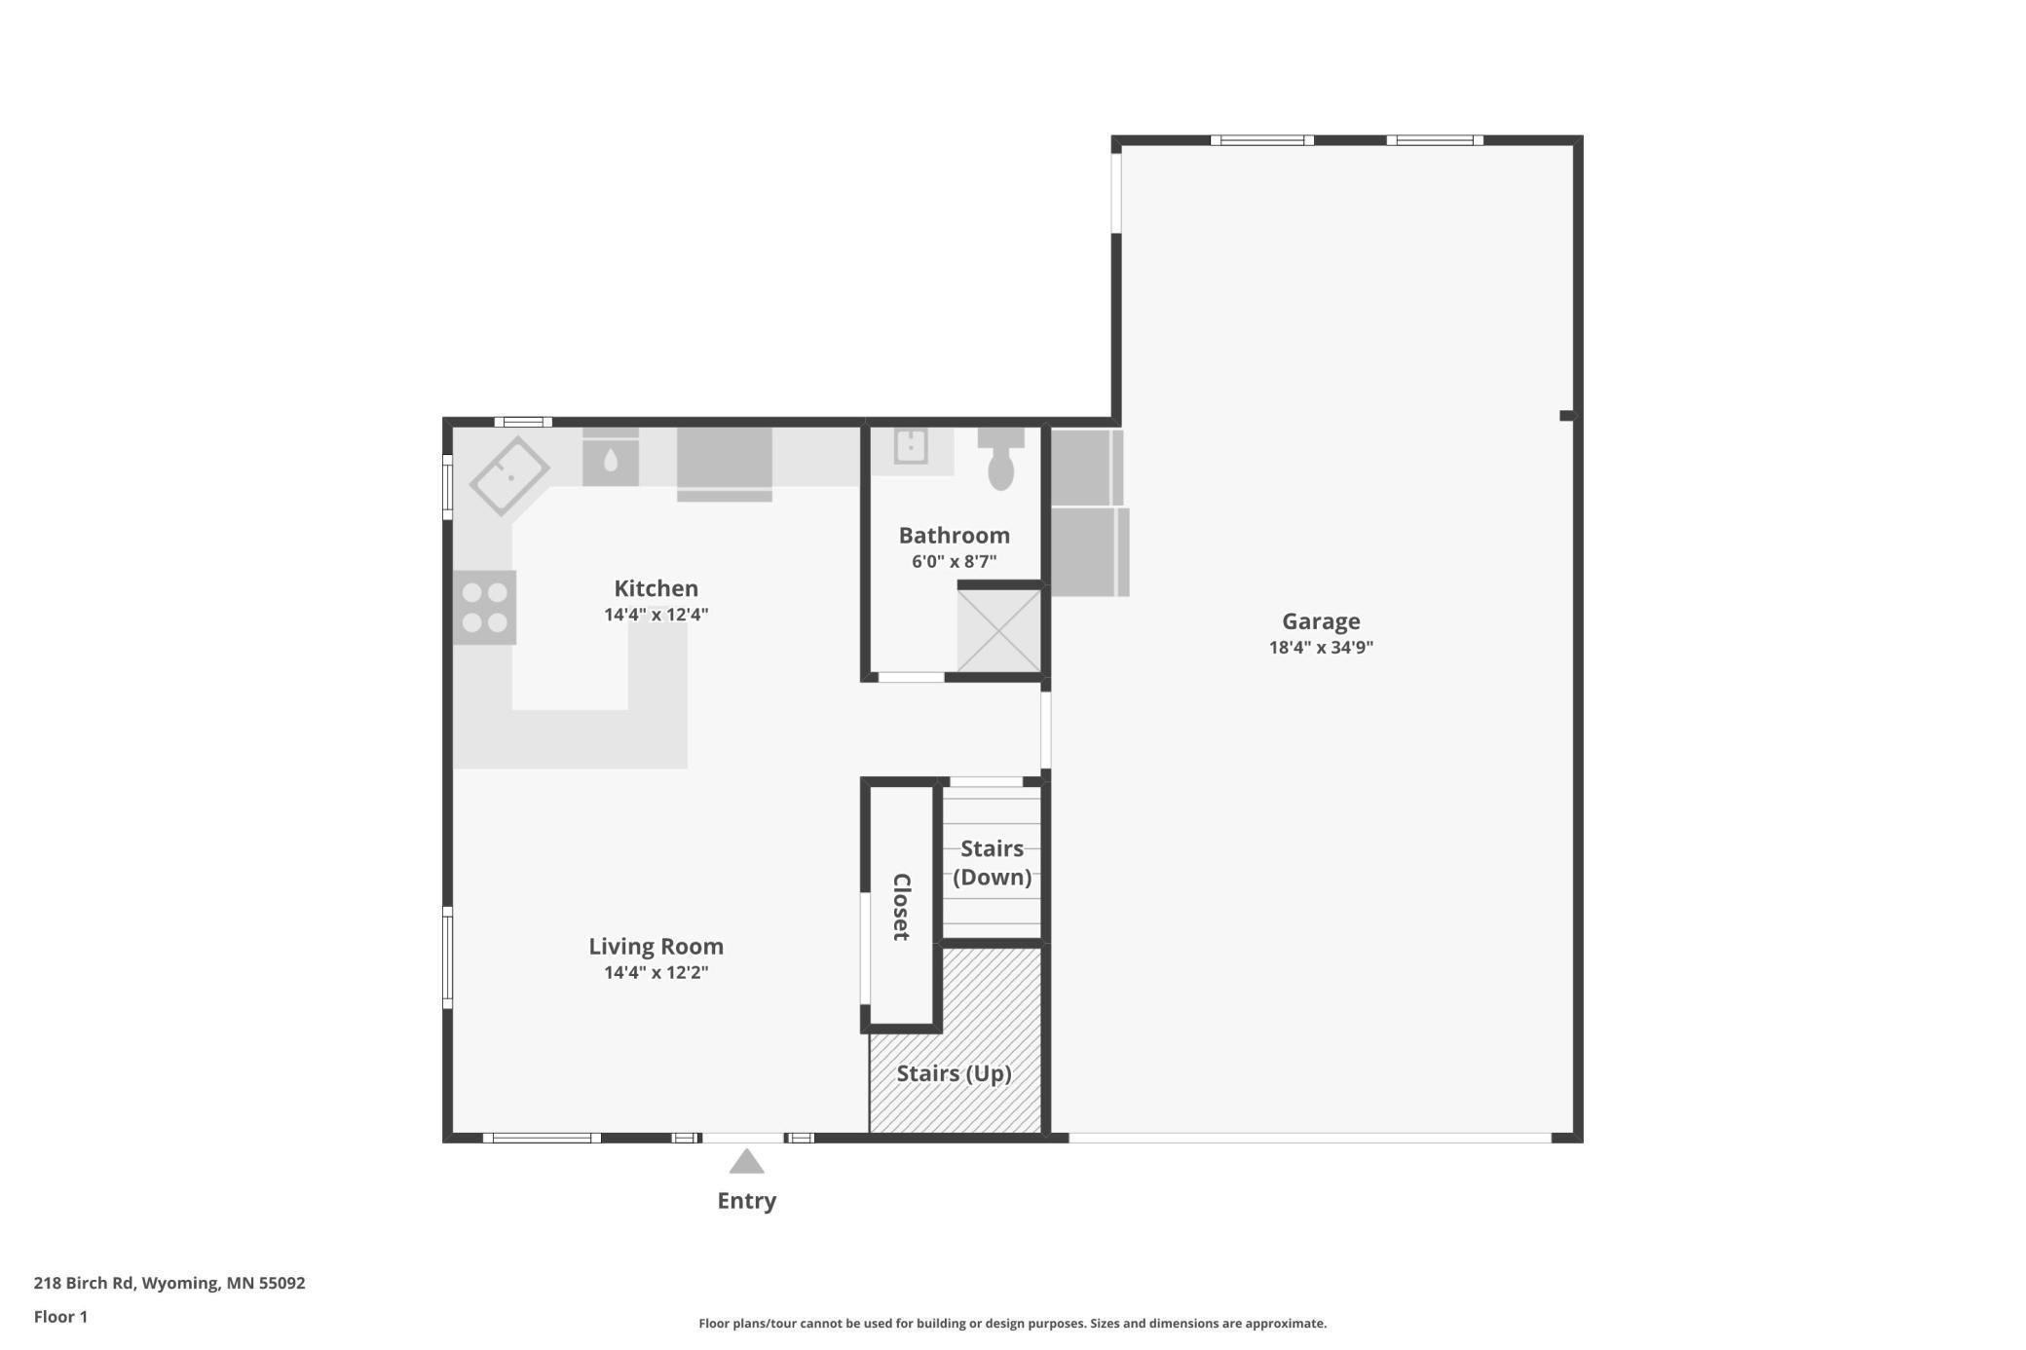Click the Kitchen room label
tap(656, 588)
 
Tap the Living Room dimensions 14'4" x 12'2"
tap(656, 972)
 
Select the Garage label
tap(1320, 621)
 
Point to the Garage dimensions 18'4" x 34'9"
tap(1320, 648)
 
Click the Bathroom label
tap(954, 536)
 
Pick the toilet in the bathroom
tap(1000, 460)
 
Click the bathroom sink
tap(911, 447)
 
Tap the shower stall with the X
tap(999, 630)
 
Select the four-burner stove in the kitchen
tap(484, 607)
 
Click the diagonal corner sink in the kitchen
tap(509, 476)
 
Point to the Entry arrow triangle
tap(746, 1161)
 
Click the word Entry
tap(746, 1201)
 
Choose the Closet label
tap(902, 906)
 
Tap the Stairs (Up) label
tap(954, 1073)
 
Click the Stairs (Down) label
tap(992, 863)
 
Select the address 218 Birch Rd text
tap(169, 1283)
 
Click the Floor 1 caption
tap(60, 1317)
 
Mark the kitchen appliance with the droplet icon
tap(611, 462)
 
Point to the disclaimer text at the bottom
tap(1012, 1324)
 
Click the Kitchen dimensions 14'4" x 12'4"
tap(656, 615)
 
